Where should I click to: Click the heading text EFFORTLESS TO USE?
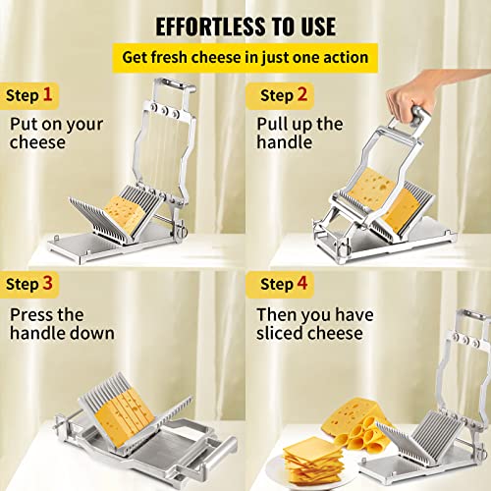tap(245, 24)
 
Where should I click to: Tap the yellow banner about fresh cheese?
tap(245, 57)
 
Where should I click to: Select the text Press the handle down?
tap(61, 323)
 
